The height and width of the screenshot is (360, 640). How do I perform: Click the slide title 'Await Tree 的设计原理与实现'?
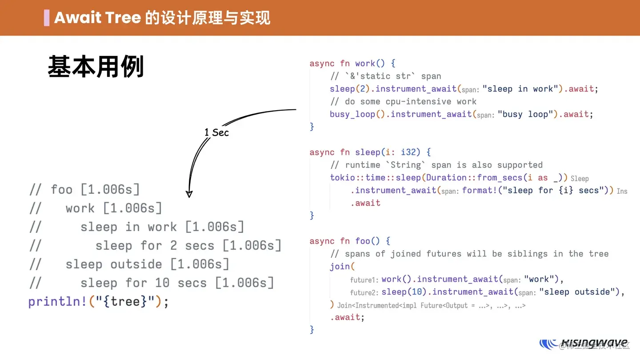(162, 18)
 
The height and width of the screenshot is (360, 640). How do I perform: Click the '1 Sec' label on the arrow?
(216, 132)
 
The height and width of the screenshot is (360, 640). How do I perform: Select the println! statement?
(98, 302)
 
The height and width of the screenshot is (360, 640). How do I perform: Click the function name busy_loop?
(352, 114)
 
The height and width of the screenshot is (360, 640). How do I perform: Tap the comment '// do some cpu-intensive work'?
(403, 101)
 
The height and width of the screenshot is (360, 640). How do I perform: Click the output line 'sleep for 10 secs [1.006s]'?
(177, 283)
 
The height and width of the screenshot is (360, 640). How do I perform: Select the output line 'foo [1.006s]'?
(95, 190)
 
